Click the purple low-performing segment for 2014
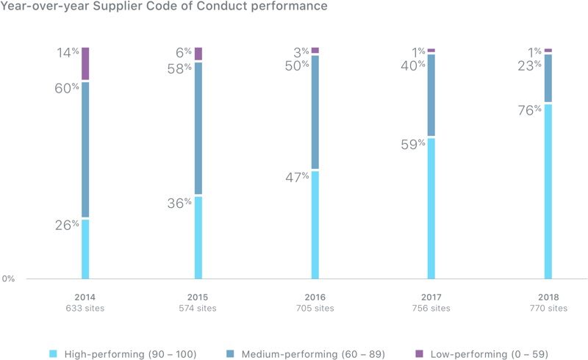[x=85, y=64]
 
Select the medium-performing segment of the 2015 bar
[x=198, y=129]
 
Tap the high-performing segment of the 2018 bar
[x=548, y=191]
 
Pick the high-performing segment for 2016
[x=315, y=225]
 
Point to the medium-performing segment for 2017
[x=431, y=95]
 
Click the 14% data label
[x=69, y=53]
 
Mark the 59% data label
[x=414, y=145]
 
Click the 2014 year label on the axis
[x=85, y=297]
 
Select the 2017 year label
[x=431, y=297]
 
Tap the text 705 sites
[x=315, y=309]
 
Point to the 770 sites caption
[x=548, y=309]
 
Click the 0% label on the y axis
[x=8, y=279]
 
